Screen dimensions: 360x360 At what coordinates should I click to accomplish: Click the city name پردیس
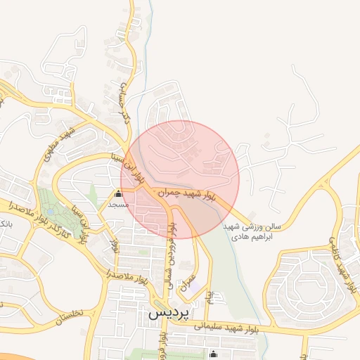coord(169,314)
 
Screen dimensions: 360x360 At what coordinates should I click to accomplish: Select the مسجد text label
coord(117,205)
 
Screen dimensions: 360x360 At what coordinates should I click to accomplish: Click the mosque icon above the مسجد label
coord(118,194)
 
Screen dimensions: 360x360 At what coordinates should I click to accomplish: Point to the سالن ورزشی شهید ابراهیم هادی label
coord(252,232)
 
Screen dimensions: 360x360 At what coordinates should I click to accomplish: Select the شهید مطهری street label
coord(58,145)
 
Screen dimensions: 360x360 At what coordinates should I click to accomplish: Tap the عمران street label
coord(188,281)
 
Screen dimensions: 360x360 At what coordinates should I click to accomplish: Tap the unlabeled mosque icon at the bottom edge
coord(214,353)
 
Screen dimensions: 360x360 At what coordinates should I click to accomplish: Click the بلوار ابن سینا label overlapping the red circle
coord(134,169)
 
